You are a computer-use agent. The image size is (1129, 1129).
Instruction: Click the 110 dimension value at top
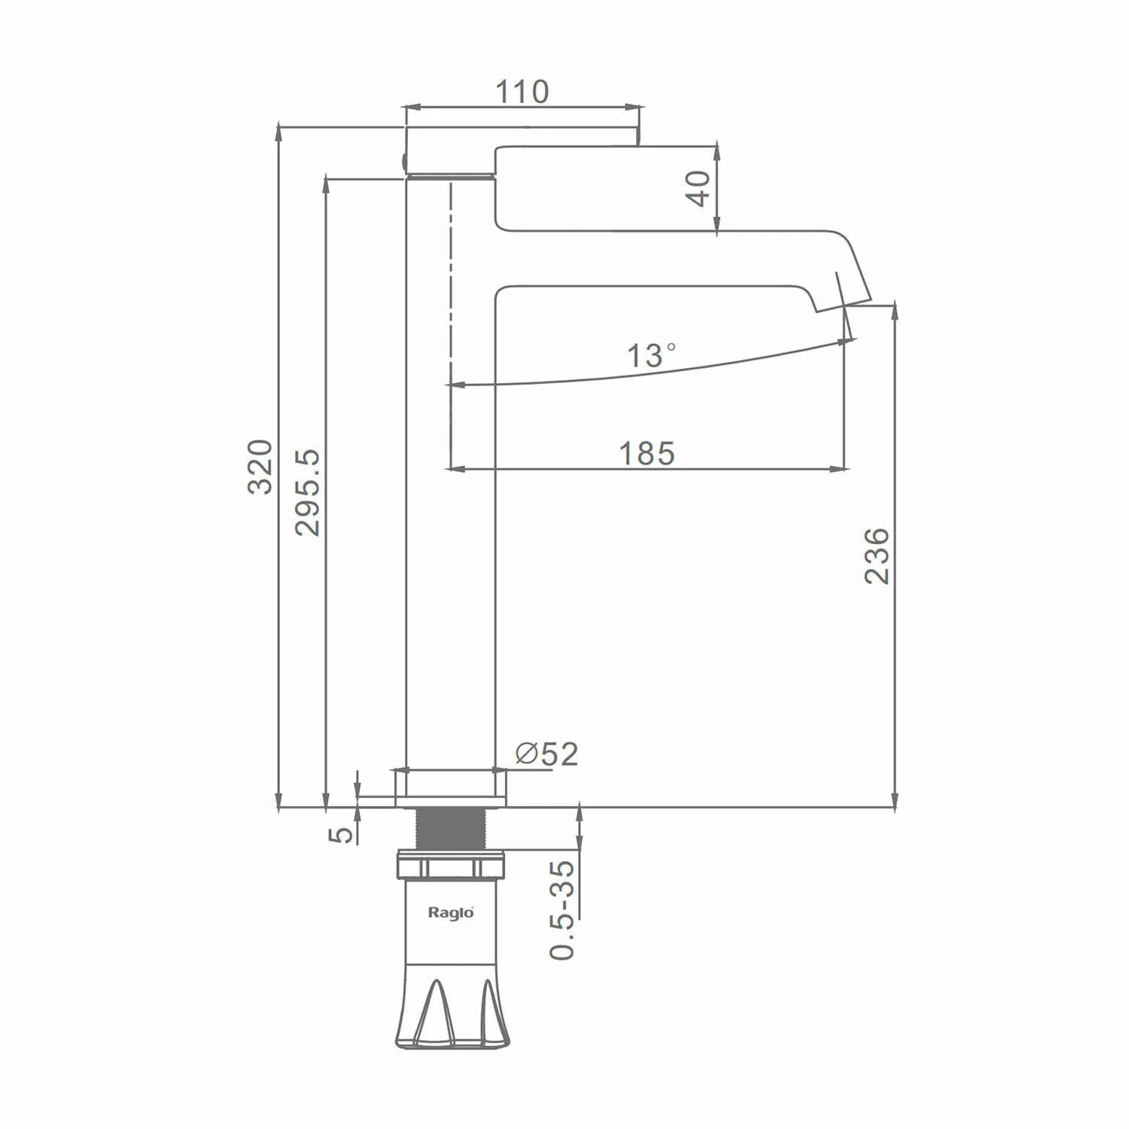click(x=522, y=92)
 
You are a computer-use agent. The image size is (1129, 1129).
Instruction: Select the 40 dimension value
click(x=699, y=188)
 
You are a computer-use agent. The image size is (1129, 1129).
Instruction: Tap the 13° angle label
click(x=652, y=355)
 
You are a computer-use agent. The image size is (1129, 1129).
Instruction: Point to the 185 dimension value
click(x=647, y=453)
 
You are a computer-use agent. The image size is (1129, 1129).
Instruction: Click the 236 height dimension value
click(x=877, y=555)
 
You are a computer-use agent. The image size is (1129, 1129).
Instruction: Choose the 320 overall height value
click(x=260, y=467)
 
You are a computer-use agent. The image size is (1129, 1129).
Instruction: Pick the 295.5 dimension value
click(x=308, y=492)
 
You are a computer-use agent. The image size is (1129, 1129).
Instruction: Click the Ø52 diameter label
click(x=546, y=753)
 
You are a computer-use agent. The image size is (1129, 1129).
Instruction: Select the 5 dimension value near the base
click(x=342, y=833)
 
